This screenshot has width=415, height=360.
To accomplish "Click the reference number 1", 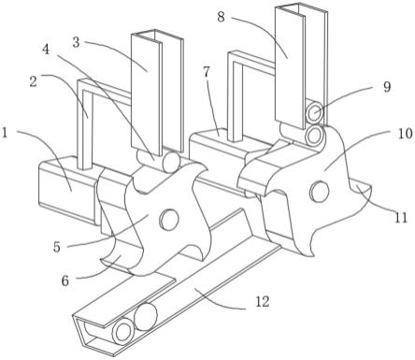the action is pyautogui.click(x=5, y=134).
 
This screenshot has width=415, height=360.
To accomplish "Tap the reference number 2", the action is pyautogui.click(x=33, y=82).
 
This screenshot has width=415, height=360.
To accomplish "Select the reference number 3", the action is pyautogui.click(x=76, y=42).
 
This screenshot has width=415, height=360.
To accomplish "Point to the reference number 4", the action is pyautogui.click(x=46, y=50).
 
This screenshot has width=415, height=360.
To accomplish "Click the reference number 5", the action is pyautogui.click(x=56, y=247).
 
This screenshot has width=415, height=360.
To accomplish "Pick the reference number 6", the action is pyautogui.click(x=64, y=281).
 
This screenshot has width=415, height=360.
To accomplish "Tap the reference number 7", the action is pyautogui.click(x=207, y=73).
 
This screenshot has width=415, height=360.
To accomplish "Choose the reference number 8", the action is pyautogui.click(x=221, y=17).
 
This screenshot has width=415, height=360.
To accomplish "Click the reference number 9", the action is pyautogui.click(x=387, y=87).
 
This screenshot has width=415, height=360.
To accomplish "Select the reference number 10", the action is pyautogui.click(x=405, y=134).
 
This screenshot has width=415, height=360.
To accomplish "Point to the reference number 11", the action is pyautogui.click(x=401, y=217).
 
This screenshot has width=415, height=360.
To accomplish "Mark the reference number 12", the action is pyautogui.click(x=263, y=301).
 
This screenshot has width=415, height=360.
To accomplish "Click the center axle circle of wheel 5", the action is pyautogui.click(x=169, y=219).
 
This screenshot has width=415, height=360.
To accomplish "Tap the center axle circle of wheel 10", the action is pyautogui.click(x=319, y=191).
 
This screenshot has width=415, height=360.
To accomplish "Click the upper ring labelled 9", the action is pyautogui.click(x=315, y=113).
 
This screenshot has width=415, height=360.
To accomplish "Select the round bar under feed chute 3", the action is pyautogui.click(x=172, y=161).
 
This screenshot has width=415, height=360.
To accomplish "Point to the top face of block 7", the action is pyautogui.click(x=218, y=137).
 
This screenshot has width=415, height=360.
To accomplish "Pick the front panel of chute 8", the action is pyautogui.click(x=289, y=67).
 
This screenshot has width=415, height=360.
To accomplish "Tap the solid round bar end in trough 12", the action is pyautogui.click(x=145, y=317).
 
